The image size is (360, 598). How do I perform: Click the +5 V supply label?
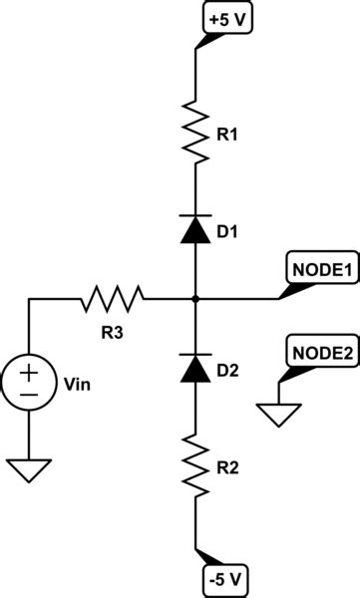click(229, 19)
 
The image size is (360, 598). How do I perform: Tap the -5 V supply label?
click(229, 577)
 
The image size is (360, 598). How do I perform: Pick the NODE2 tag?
click(320, 351)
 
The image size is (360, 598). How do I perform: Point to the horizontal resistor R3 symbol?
click(113, 297)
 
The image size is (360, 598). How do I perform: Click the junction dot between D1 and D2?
click(194, 297)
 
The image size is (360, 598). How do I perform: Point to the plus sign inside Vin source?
click(29, 374)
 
